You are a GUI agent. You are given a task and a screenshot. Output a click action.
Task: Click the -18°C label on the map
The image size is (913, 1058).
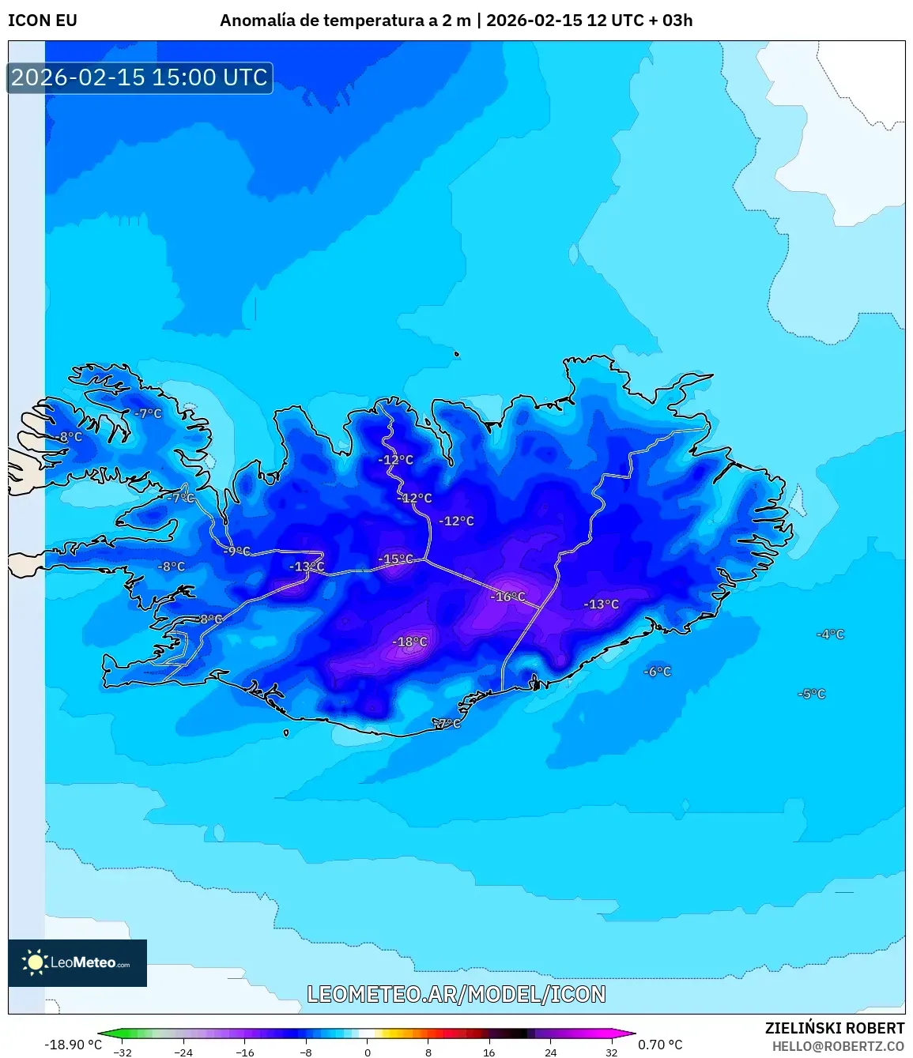410,642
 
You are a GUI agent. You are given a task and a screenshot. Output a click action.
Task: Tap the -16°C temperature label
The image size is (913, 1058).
507,597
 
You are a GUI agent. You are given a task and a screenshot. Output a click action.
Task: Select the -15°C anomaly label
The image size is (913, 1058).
395,559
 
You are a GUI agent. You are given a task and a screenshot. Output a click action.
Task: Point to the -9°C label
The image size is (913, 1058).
236,551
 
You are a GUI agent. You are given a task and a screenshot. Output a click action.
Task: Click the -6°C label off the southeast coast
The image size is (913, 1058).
657,672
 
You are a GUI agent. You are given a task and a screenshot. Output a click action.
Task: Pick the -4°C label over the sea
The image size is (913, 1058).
831,634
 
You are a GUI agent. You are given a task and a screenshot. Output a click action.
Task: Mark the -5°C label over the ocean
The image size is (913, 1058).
812,694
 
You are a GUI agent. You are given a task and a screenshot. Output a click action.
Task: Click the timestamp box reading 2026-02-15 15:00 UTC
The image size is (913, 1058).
140,77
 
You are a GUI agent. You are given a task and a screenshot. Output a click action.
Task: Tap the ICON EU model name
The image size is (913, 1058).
43,21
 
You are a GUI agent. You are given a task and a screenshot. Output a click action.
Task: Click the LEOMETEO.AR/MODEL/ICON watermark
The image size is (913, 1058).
456,994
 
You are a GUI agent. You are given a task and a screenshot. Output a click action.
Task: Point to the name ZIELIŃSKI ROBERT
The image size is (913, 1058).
834,1028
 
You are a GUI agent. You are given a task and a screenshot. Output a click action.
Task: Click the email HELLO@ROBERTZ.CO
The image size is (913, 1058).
838,1046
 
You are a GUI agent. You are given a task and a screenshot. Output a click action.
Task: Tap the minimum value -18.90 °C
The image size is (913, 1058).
73,1045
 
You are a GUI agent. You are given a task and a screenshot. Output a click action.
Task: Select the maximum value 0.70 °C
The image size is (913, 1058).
660,1045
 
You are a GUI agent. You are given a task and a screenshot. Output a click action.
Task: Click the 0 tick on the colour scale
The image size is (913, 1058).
368,1052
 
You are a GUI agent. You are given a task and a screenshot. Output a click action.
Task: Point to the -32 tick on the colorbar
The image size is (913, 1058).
123,1052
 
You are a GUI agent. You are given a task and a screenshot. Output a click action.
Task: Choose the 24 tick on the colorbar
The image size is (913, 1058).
550,1052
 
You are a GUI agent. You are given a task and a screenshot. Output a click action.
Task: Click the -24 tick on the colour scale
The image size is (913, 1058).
183,1052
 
